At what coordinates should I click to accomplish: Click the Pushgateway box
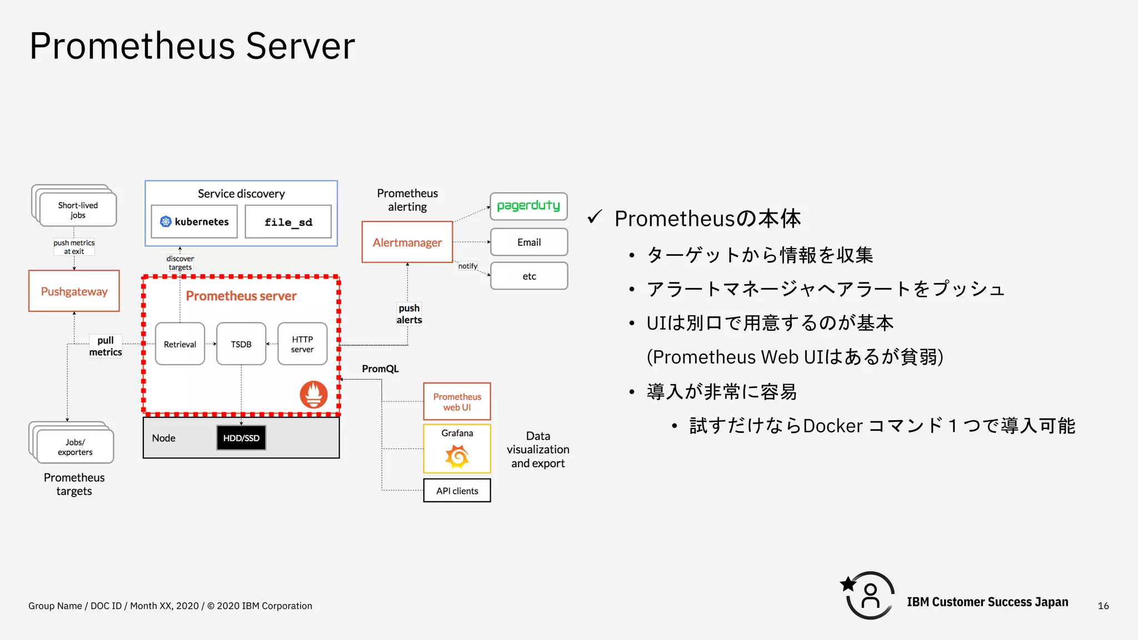coord(74,291)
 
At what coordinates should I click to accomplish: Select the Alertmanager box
coord(407,242)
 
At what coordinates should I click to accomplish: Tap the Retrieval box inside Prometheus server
coord(180,344)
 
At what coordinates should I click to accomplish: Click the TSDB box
coord(241,344)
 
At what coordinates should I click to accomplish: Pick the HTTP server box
coord(302,344)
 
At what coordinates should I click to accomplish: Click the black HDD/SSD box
coord(241,438)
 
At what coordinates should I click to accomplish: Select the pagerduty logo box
coord(528,206)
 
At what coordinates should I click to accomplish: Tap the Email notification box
coord(529,242)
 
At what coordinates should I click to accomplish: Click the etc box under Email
coord(529,276)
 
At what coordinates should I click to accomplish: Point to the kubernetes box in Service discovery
coord(194,221)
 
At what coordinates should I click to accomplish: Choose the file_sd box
coord(288,222)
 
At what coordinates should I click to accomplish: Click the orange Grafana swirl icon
coord(457,457)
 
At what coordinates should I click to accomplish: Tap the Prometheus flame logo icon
coord(314,395)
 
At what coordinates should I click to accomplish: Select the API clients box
coord(457,491)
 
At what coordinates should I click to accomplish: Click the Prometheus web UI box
coord(457,401)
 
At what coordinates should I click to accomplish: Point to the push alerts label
coord(410,314)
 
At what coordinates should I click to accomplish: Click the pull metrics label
coord(106,346)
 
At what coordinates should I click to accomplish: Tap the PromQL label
coord(380,369)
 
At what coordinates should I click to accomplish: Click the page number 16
coord(1103,606)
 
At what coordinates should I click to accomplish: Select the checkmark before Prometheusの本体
coord(595,216)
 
